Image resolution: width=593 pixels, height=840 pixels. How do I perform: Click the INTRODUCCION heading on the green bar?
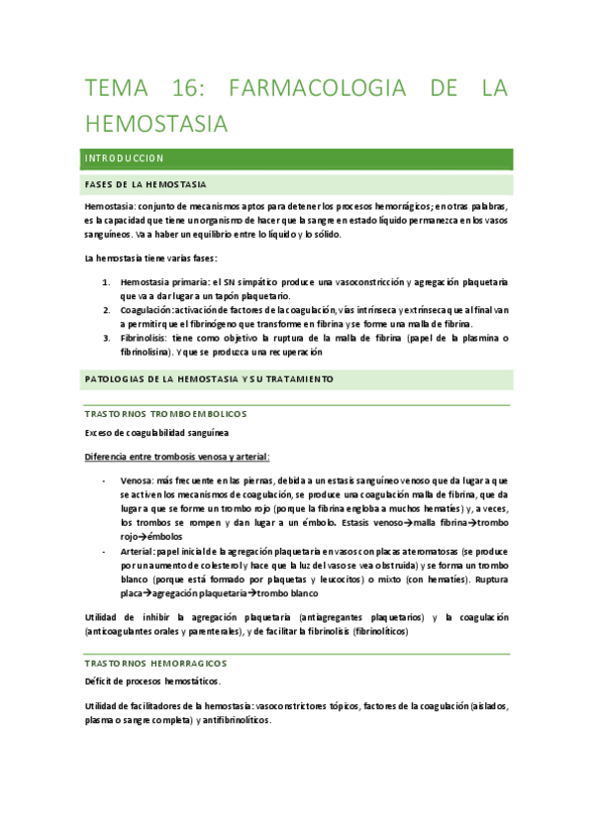coord(125,158)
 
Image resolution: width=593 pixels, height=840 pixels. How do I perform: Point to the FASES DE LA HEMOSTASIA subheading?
coord(147,184)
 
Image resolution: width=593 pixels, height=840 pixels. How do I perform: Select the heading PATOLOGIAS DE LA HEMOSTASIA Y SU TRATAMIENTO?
coord(210,378)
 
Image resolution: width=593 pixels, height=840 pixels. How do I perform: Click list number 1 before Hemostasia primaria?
coord(108,281)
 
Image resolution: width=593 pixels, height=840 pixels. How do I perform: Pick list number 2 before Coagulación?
coord(108,309)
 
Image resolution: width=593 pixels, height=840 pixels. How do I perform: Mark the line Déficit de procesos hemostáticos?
coord(152,682)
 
